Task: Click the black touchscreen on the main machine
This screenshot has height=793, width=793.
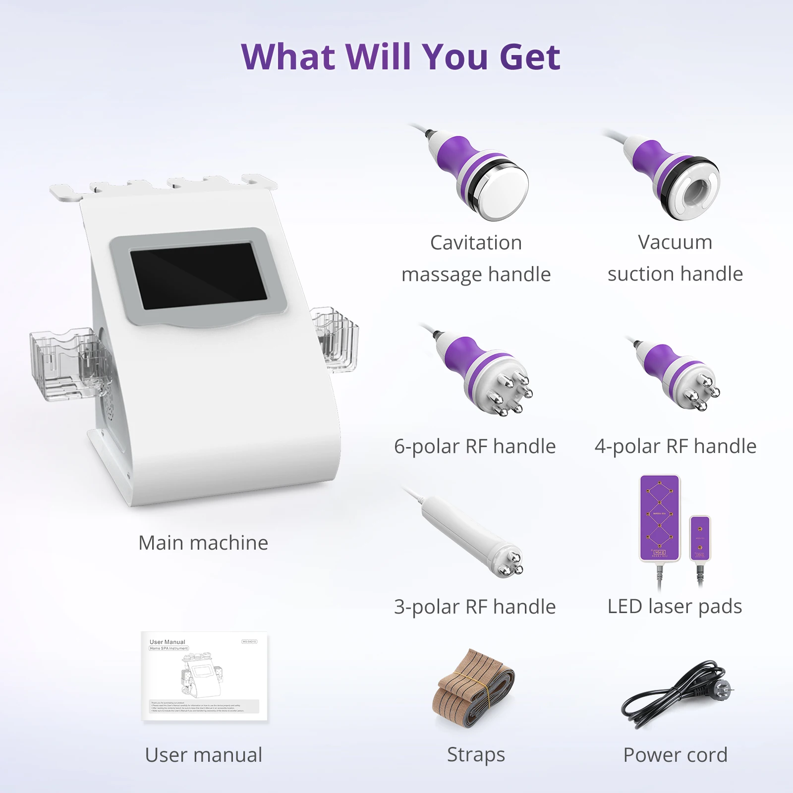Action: pyautogui.click(x=198, y=276)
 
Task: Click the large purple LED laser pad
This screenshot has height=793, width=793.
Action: pyautogui.click(x=659, y=518)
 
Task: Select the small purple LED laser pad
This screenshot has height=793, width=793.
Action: pyautogui.click(x=700, y=538)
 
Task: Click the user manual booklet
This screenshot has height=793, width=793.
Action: pyautogui.click(x=204, y=677)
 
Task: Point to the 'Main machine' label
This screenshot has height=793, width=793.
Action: pyautogui.click(x=203, y=543)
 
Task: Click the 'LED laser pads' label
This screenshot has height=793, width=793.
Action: pyautogui.click(x=675, y=606)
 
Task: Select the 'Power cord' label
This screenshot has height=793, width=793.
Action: pyautogui.click(x=675, y=755)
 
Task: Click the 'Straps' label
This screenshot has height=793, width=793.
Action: pyautogui.click(x=476, y=754)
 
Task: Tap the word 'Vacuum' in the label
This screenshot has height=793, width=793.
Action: pyautogui.click(x=675, y=242)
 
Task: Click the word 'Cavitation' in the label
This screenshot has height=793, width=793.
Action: pyautogui.click(x=476, y=243)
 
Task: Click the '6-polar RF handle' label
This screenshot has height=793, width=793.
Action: pyautogui.click(x=475, y=446)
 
